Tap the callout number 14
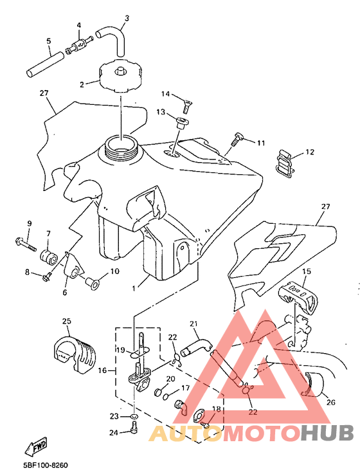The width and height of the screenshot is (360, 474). [x=165, y=94]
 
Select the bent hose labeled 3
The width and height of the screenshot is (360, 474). [x=113, y=39]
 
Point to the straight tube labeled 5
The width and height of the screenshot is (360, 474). [x=45, y=65]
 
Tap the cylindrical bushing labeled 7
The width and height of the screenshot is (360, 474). [x=49, y=257]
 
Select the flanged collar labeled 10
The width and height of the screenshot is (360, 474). [x=93, y=284]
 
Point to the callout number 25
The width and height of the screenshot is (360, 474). [x=66, y=321]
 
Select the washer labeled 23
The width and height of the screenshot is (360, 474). [x=134, y=417]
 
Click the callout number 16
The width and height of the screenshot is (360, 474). [x=102, y=370]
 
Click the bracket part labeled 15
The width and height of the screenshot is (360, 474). [x=298, y=296]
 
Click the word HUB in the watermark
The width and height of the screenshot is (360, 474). [x=327, y=432]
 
